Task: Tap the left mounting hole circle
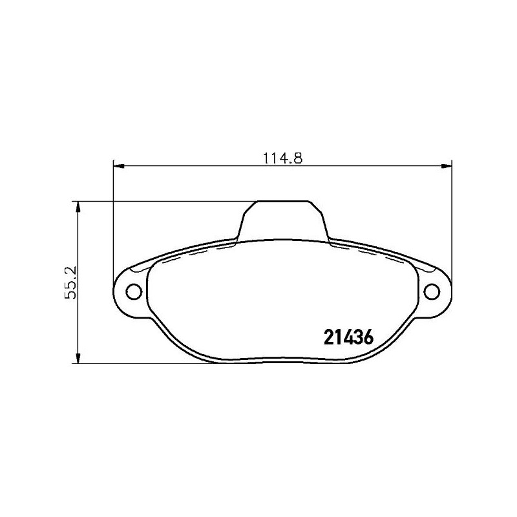point(134,292)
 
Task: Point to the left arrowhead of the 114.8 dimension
point(118,166)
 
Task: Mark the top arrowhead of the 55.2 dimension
point(78,206)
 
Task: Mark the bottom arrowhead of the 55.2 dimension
point(78,358)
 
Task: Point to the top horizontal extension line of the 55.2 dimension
point(162,201)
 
